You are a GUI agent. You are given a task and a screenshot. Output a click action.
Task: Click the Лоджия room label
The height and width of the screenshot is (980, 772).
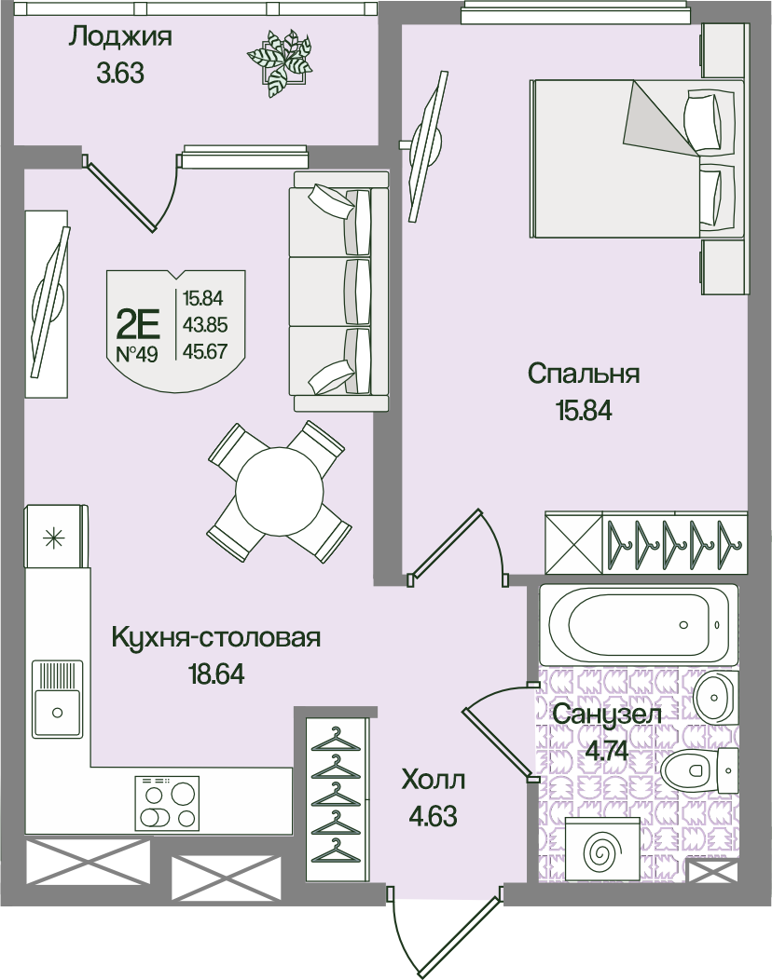(119, 37)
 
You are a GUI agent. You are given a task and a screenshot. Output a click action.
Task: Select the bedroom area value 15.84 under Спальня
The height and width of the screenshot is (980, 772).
(583, 411)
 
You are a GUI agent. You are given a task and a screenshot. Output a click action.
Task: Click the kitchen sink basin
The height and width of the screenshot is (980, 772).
(58, 698)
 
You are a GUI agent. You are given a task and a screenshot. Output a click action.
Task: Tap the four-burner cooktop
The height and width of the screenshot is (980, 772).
(167, 802)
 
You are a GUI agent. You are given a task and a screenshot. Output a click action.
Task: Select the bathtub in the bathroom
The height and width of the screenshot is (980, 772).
(639, 624)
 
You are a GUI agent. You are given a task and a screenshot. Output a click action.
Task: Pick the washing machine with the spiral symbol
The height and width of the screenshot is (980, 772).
(601, 850)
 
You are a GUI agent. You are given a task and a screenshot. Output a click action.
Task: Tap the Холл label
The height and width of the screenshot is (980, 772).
(434, 781)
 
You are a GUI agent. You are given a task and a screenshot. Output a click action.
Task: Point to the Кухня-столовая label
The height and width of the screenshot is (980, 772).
(216, 637)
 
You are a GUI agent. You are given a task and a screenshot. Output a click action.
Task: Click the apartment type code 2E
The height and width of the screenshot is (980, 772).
(138, 324)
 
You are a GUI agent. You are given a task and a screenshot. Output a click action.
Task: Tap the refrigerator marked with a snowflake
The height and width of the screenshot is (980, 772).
(54, 537)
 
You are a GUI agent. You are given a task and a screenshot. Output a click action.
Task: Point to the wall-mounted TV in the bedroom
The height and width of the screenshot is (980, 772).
(428, 146)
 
